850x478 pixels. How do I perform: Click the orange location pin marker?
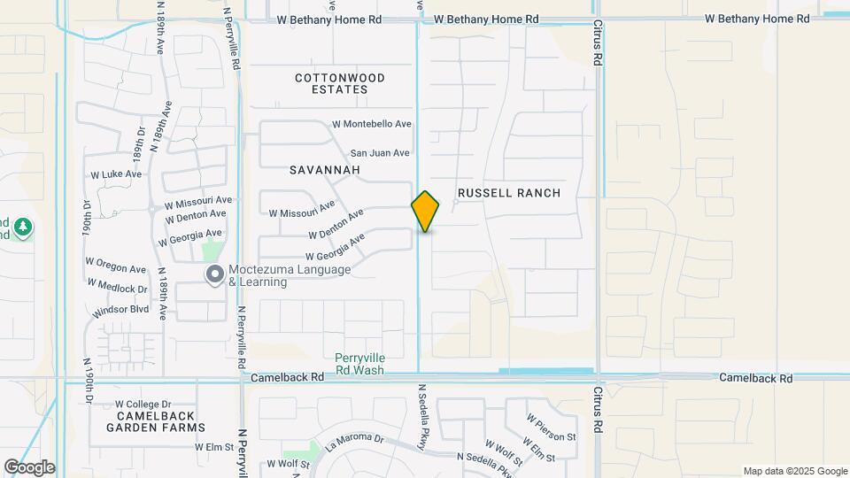425,212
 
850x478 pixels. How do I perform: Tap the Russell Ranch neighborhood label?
509,193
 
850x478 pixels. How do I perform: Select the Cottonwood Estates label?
341,83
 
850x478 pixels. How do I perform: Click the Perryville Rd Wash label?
359,364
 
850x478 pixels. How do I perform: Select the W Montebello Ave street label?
372,125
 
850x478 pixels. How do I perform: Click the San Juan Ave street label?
380,152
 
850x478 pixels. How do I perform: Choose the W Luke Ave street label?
116,174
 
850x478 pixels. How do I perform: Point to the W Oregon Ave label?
115,268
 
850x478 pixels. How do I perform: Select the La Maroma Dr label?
354,441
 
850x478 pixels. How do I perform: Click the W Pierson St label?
551,426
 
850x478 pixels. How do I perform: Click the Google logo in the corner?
29,467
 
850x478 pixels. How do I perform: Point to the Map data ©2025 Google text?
794,471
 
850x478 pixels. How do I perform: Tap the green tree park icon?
23,227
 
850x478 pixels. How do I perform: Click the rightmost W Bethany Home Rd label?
757,19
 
